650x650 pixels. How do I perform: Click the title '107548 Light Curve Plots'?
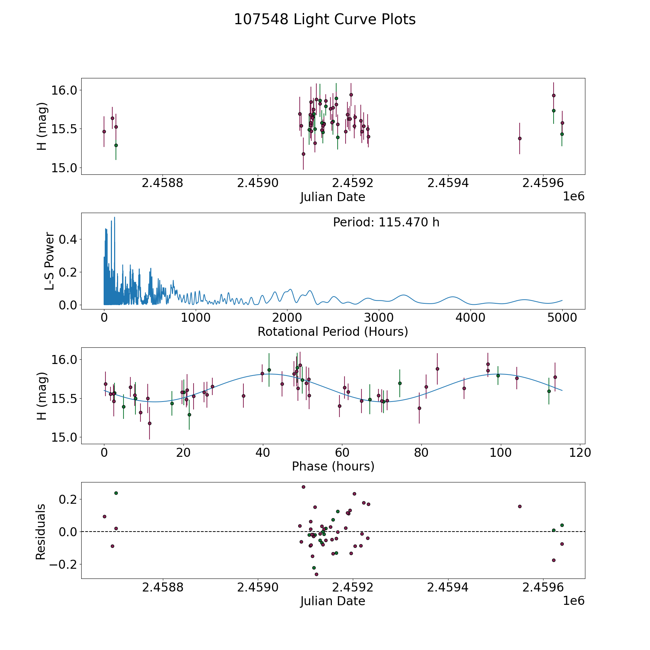pyautogui.click(x=325, y=19)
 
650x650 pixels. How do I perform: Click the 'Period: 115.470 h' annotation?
pyautogui.click(x=386, y=222)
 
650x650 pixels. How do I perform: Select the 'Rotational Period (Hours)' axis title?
pyautogui.click(x=333, y=331)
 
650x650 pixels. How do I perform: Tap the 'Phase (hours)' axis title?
pyautogui.click(x=333, y=466)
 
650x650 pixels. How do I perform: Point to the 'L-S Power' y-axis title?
pyautogui.click(x=49, y=261)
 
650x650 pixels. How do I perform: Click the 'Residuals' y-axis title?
pyautogui.click(x=41, y=532)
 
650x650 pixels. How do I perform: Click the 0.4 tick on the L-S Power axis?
pyautogui.click(x=68, y=239)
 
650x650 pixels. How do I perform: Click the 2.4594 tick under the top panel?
pyautogui.click(x=448, y=183)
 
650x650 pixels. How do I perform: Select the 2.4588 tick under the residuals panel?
pyautogui.click(x=163, y=588)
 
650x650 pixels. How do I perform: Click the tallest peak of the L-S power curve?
pyautogui.click(x=114, y=217)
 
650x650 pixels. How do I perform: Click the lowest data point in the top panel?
pyautogui.click(x=303, y=154)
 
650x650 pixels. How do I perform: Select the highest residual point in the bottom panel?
pyautogui.click(x=303, y=487)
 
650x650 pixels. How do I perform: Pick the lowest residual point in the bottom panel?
pyautogui.click(x=316, y=574)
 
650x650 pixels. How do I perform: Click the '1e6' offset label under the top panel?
pyautogui.click(x=573, y=196)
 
